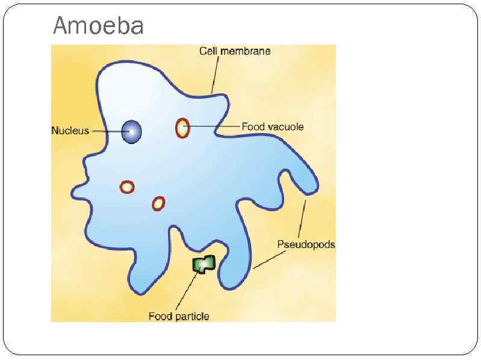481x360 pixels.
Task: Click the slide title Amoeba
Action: tap(98, 26)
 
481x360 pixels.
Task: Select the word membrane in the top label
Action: tap(245, 51)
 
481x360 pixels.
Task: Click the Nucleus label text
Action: tap(70, 131)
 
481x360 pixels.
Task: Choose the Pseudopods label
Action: tap(306, 245)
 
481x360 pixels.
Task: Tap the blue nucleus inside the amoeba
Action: tap(131, 131)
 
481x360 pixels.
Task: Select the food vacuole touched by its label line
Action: tap(182, 128)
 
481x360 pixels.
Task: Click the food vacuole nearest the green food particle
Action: tap(158, 203)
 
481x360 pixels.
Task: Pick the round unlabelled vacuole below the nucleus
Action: tap(127, 187)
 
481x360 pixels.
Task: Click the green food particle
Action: tap(203, 264)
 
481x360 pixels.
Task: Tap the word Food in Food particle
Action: tap(160, 316)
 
